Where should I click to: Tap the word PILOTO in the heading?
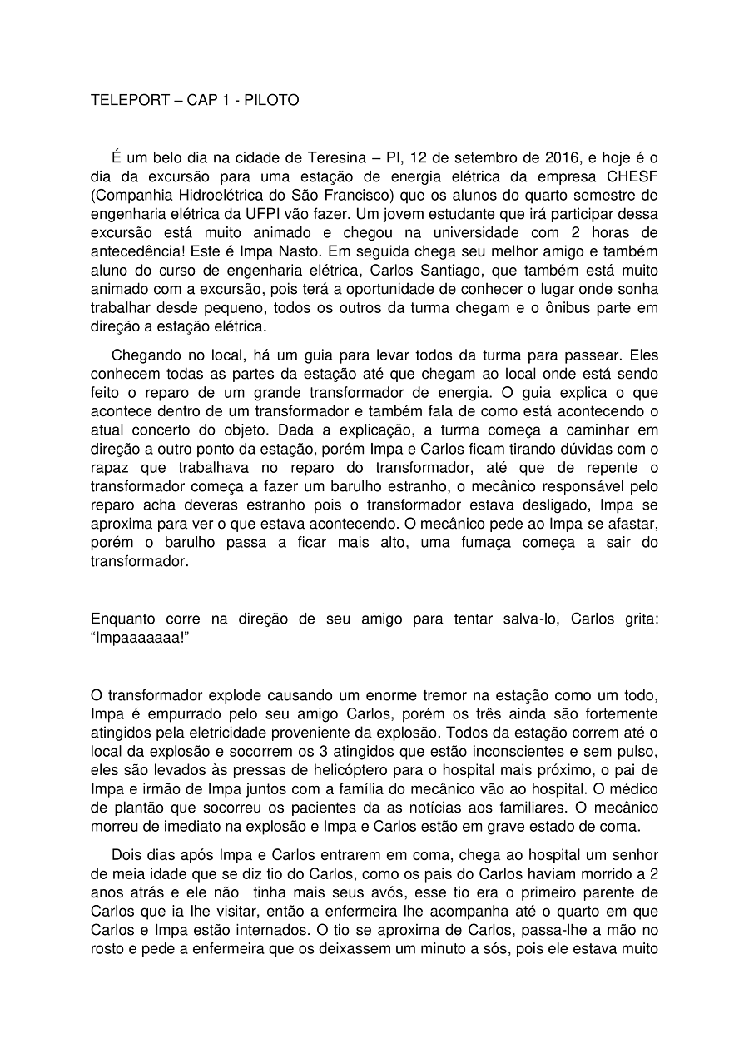click(271, 100)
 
